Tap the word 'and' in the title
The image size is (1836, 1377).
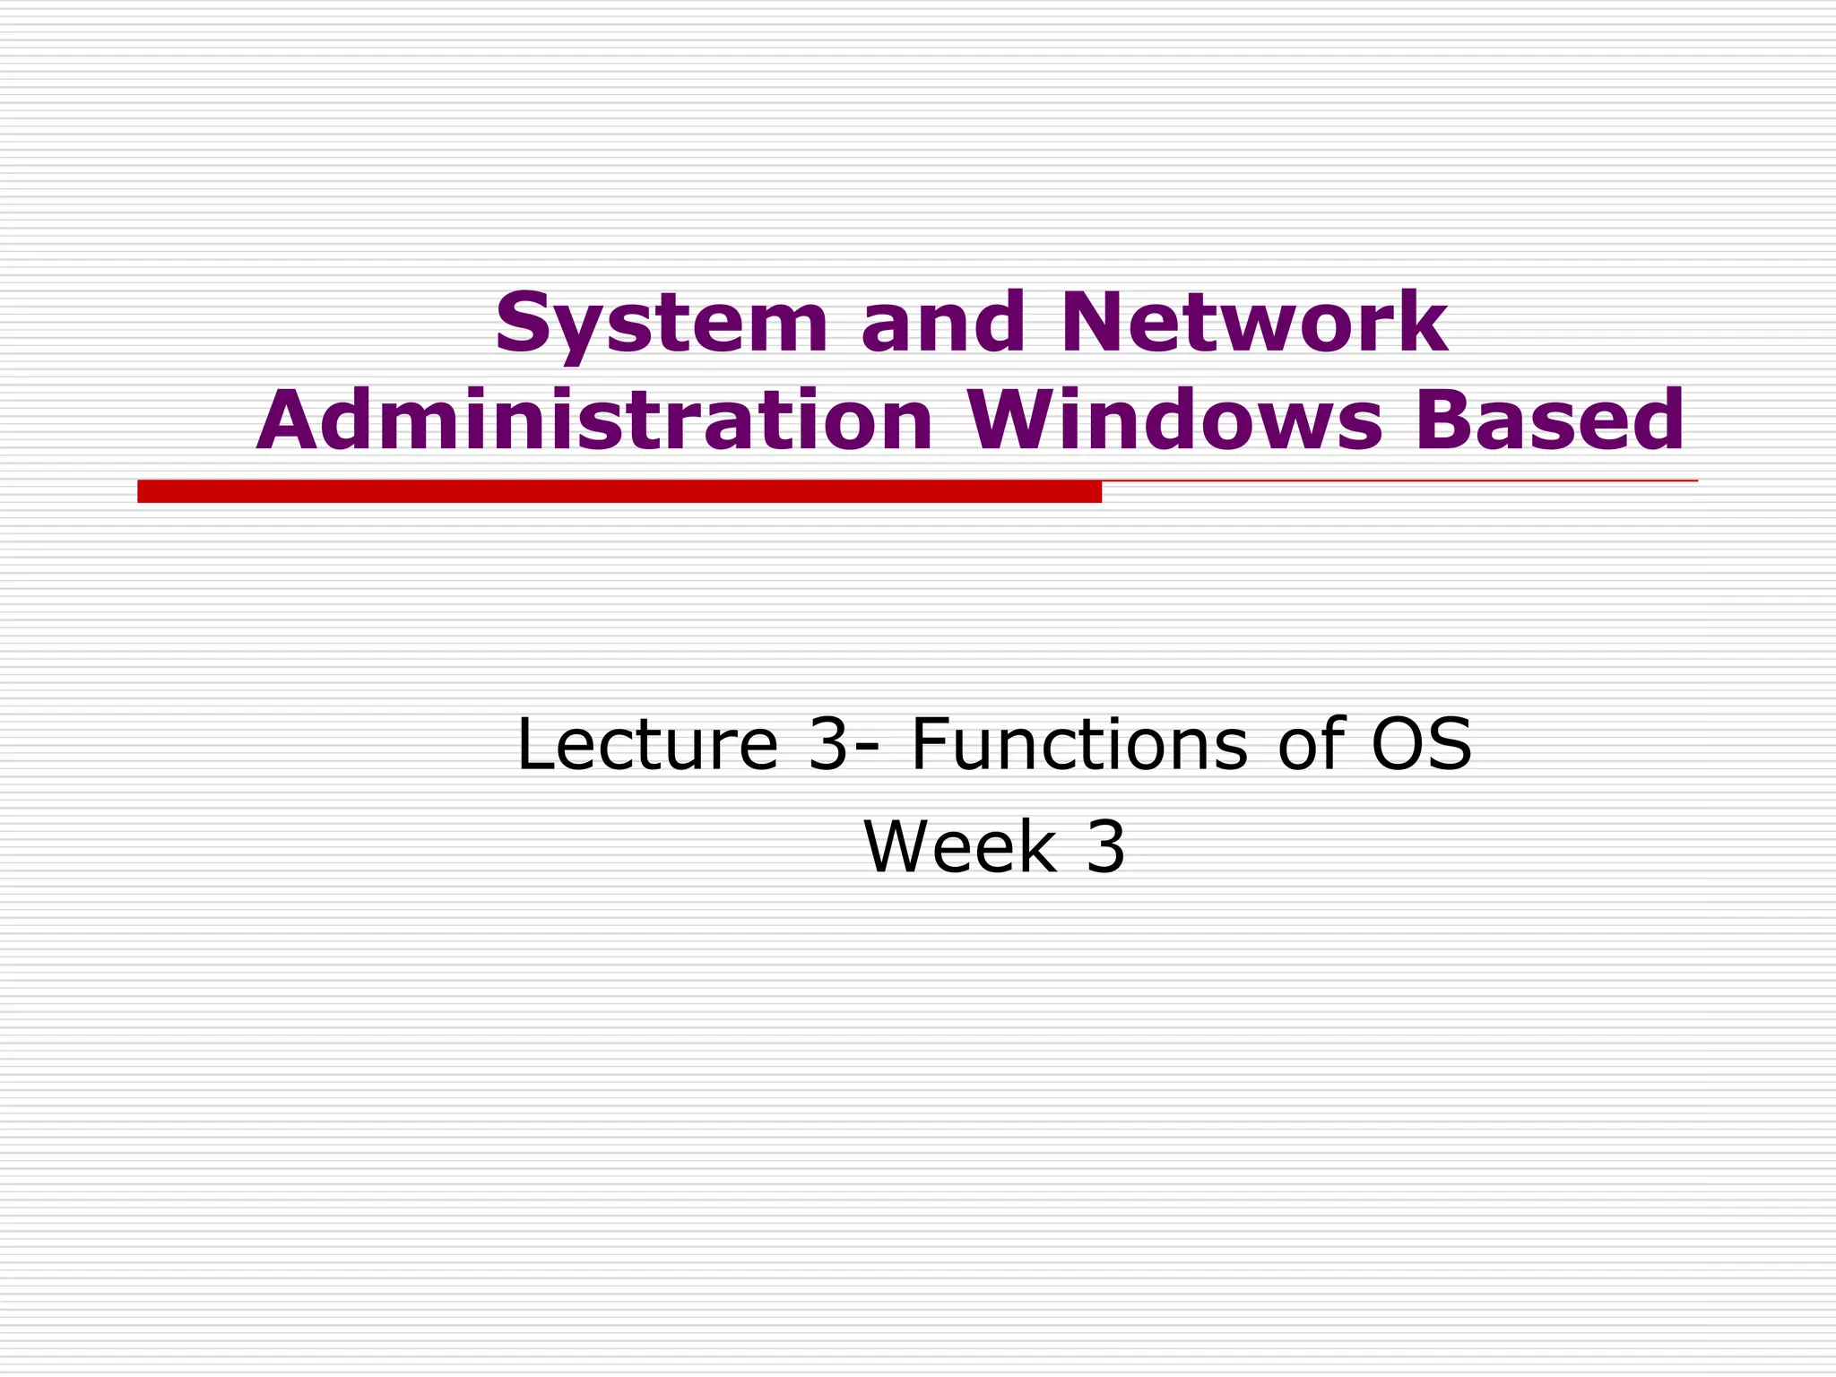pyautogui.click(x=942, y=323)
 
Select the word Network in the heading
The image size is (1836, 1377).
pyautogui.click(x=1253, y=323)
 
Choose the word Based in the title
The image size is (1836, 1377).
pyautogui.click(x=1550, y=421)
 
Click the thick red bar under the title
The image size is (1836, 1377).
pyautogui.click(x=619, y=491)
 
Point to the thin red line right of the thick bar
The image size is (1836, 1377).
pyautogui.click(x=1399, y=481)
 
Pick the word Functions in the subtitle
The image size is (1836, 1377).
pyautogui.click(x=1078, y=744)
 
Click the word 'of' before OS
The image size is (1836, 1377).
pyautogui.click(x=1312, y=744)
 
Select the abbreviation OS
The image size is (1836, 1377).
pyautogui.click(x=1421, y=744)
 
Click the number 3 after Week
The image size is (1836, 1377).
pyautogui.click(x=1105, y=847)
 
